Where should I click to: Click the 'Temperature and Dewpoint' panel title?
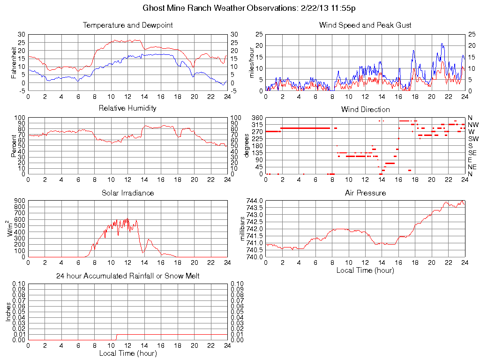click(x=127, y=25)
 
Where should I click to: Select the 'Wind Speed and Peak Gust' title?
click(x=365, y=25)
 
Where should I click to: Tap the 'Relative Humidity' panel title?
click(x=127, y=108)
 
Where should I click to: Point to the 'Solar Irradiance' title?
click(x=127, y=193)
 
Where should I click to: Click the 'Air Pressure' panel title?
click(x=365, y=193)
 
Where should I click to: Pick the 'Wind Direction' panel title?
click(x=365, y=110)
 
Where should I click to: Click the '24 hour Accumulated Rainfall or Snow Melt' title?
click(x=127, y=276)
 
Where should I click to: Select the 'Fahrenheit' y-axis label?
click(x=14, y=63)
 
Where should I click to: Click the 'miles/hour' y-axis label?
click(x=251, y=63)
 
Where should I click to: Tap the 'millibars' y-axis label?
click(x=243, y=229)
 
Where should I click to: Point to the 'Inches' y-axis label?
click(x=8, y=312)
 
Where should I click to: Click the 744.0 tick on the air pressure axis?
click(x=255, y=201)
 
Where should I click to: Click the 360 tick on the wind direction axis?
click(x=257, y=118)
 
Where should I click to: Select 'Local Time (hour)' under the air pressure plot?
click(x=365, y=270)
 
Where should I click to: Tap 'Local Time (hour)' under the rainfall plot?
click(x=127, y=353)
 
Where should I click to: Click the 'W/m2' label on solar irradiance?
click(x=11, y=229)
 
